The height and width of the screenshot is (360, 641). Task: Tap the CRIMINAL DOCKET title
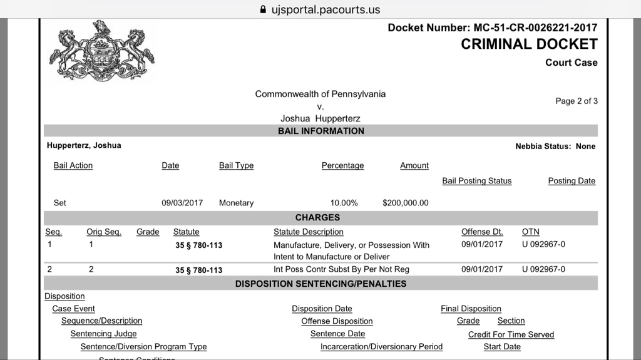click(529, 44)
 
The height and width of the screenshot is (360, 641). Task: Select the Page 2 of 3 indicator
click(576, 101)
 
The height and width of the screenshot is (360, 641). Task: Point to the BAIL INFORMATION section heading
click(320, 131)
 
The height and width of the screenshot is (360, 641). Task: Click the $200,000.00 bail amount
click(405, 203)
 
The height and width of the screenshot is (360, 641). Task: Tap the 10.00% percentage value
click(344, 203)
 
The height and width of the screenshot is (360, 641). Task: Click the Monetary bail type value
click(236, 203)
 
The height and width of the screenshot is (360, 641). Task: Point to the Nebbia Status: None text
click(555, 147)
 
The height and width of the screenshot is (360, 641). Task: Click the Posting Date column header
click(572, 181)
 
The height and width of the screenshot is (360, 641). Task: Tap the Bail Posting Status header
click(476, 181)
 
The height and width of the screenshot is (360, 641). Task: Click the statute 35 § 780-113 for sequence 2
click(198, 270)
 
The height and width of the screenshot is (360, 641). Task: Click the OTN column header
click(530, 232)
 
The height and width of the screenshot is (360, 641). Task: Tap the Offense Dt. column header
click(482, 232)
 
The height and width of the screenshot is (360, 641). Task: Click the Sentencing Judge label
click(103, 334)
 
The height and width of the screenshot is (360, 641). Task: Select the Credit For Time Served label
click(511, 335)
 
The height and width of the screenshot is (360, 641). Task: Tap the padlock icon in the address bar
click(263, 9)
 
